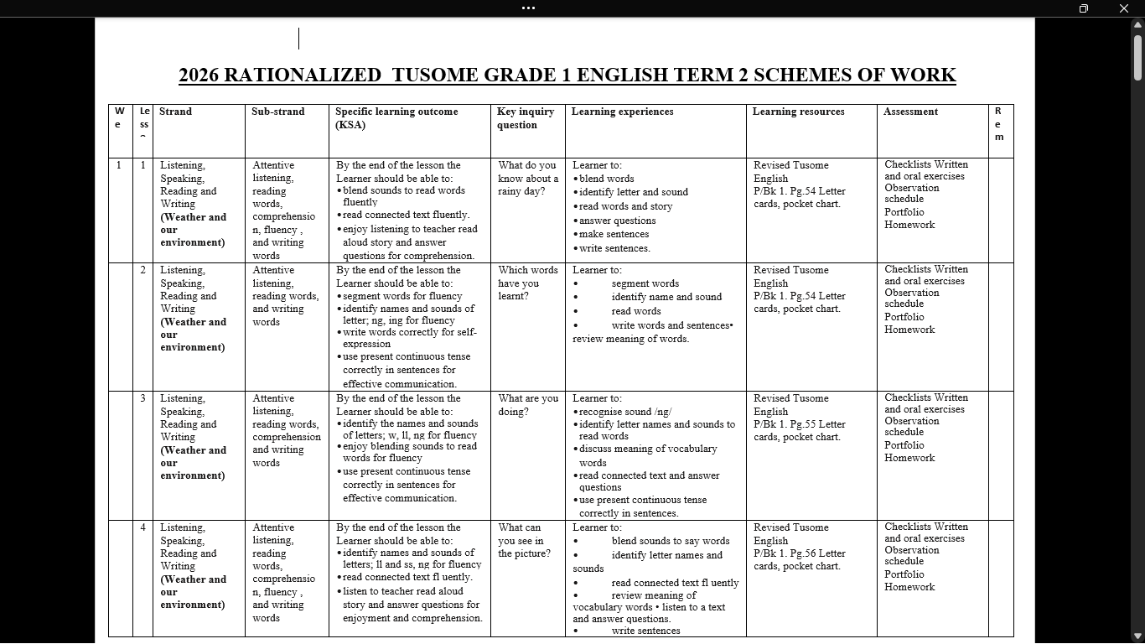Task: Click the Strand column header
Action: pos(175,112)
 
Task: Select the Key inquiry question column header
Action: pos(526,118)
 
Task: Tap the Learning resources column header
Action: pos(798,112)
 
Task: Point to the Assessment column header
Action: pos(910,112)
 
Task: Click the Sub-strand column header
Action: pos(277,112)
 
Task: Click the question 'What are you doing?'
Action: pos(527,405)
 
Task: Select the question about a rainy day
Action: pos(527,179)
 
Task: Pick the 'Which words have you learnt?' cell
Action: pos(527,283)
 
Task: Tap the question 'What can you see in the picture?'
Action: pos(524,540)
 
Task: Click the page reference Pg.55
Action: pos(811,424)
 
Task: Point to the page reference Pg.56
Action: pos(811,553)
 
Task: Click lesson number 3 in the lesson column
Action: pos(142,398)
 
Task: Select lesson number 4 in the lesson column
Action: pos(142,527)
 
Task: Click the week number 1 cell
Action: pos(119,165)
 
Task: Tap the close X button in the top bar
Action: pos(1124,8)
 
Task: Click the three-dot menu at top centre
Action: pos(528,8)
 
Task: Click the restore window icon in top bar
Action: pos(1083,8)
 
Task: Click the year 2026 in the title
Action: pos(199,75)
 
